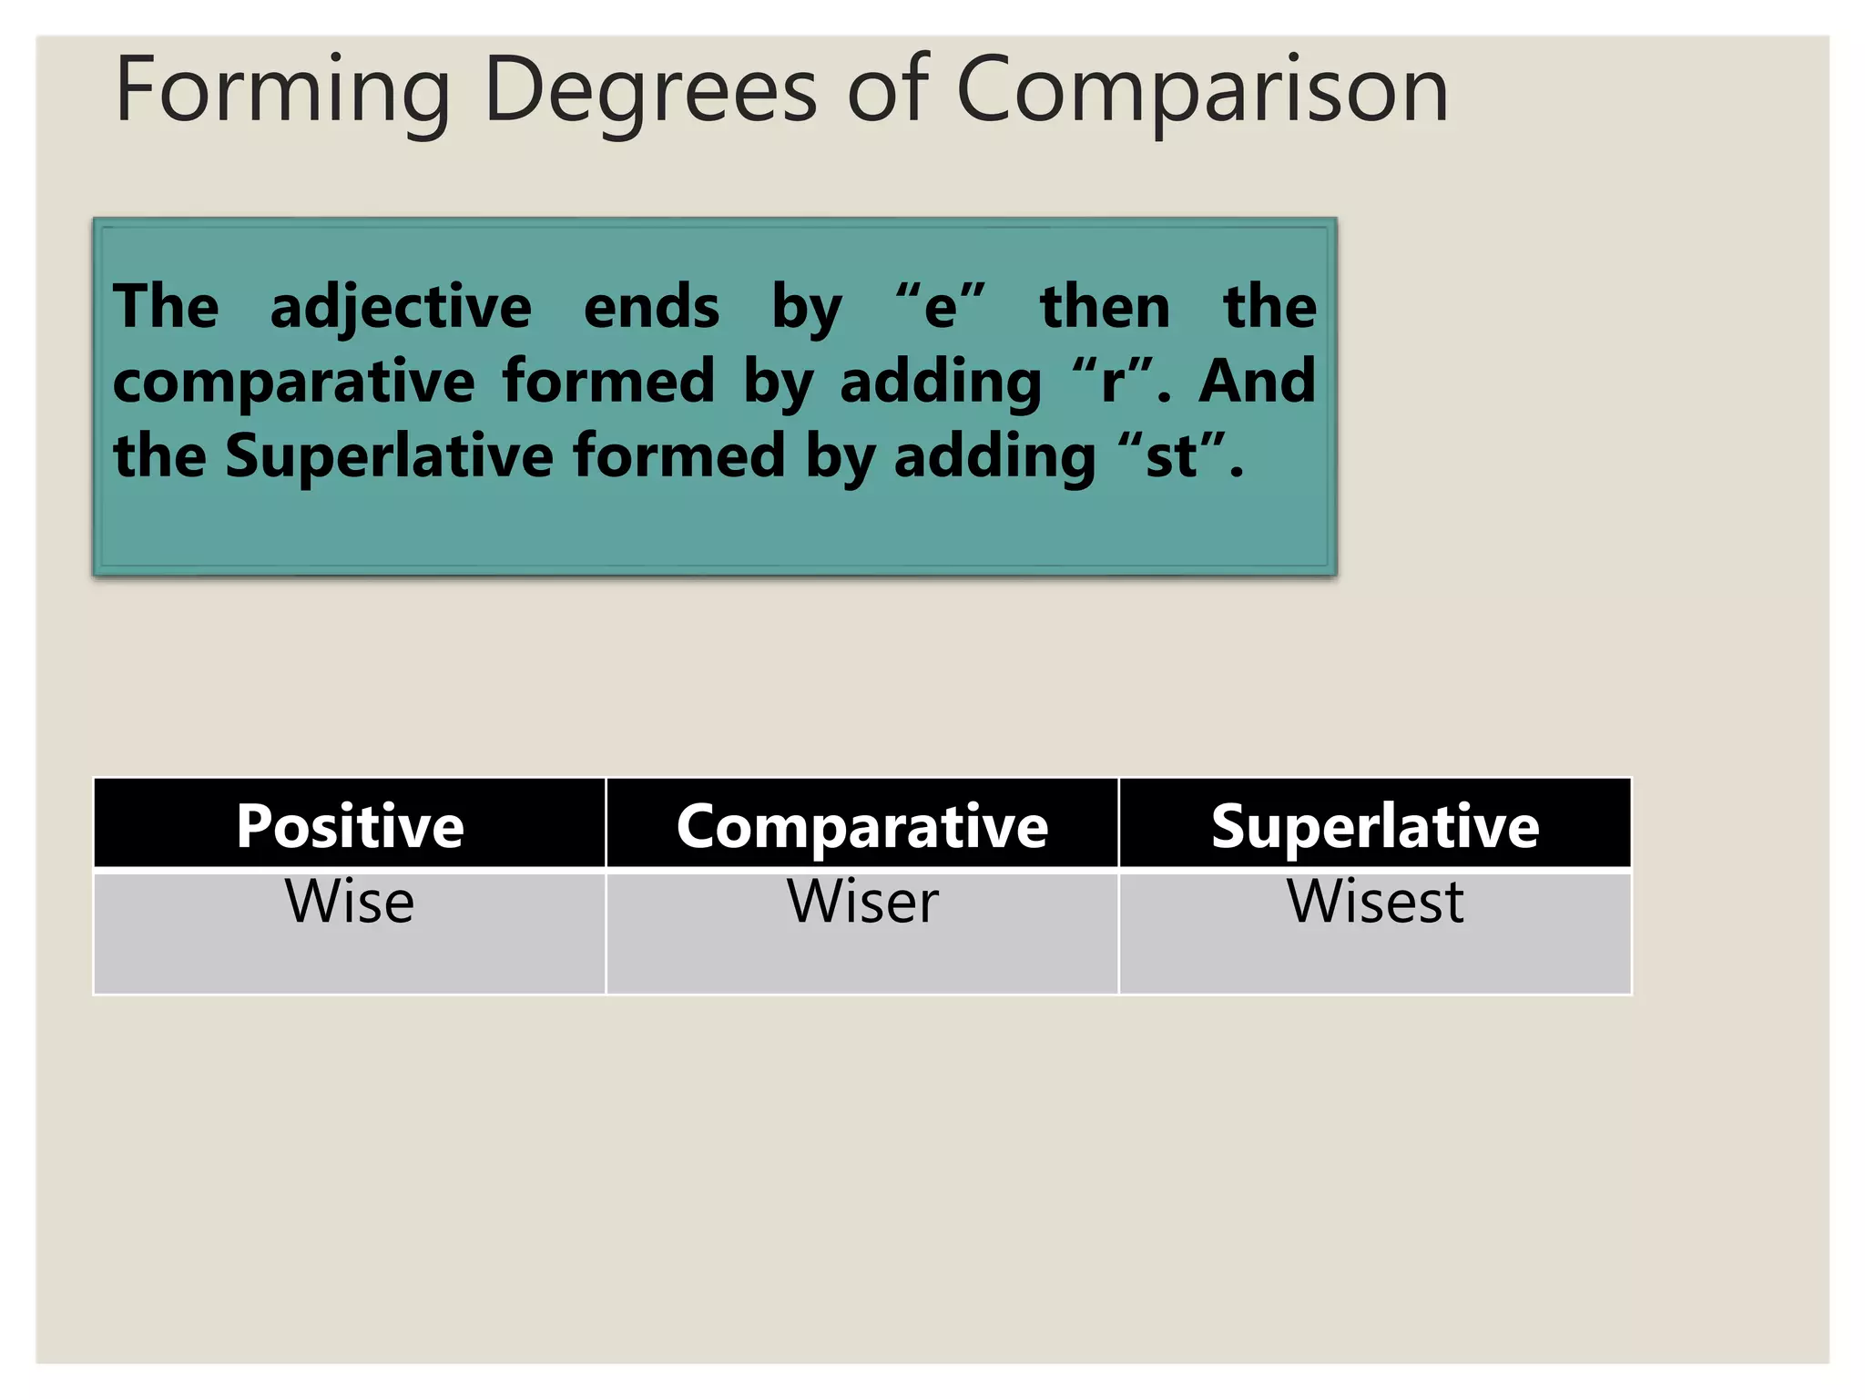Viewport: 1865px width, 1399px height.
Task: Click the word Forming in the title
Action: (x=282, y=91)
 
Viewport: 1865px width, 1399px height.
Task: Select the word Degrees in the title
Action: (x=650, y=91)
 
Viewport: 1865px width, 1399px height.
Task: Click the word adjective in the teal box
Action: (x=401, y=308)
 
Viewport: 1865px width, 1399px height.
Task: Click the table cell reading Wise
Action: (x=350, y=902)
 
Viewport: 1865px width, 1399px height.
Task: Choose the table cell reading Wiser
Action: (x=861, y=902)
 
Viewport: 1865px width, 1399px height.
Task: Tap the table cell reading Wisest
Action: (x=1374, y=902)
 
